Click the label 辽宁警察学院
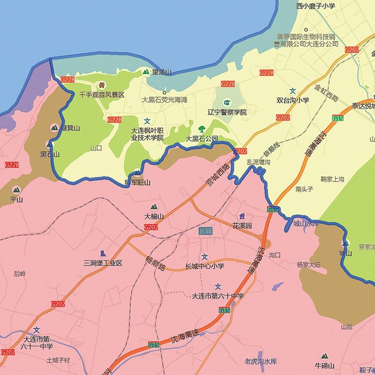click(227, 112)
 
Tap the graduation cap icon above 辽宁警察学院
click(227, 103)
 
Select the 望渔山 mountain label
click(162, 72)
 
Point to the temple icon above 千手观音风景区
click(102, 85)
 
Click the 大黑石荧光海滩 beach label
click(165, 100)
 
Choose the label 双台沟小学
click(292, 100)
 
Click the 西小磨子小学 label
click(315, 6)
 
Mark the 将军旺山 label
click(137, 183)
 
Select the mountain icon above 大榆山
click(154, 207)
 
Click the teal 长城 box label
click(206, 231)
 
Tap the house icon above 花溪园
click(242, 216)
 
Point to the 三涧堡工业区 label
click(103, 263)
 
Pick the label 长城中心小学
click(205, 266)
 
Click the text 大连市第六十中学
click(218, 296)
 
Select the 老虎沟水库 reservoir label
click(261, 361)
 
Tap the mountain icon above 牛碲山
click(324, 357)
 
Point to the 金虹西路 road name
click(326, 93)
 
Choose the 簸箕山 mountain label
click(66, 128)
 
